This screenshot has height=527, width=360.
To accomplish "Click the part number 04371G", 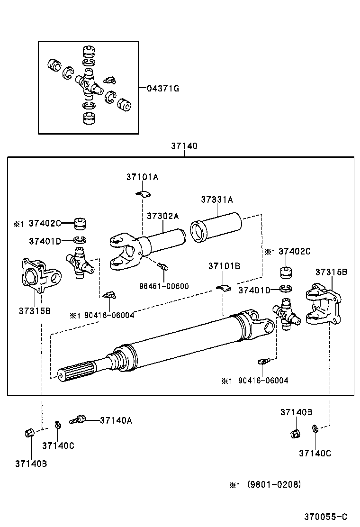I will tap(162, 89).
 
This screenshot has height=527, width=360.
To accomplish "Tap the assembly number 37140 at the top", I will tap(184, 146).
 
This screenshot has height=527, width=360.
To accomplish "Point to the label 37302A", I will tap(162, 216).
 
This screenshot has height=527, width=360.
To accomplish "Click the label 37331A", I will tap(216, 200).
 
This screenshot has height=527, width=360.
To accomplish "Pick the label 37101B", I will tap(224, 266).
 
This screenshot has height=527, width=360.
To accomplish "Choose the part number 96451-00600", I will tap(164, 286).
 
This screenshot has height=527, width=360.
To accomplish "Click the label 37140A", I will tap(116, 420).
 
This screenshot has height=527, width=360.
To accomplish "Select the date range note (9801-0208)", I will tap(274, 484).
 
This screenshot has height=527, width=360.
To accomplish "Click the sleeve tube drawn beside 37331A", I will tap(216, 230).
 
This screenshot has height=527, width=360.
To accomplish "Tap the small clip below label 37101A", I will tap(142, 193).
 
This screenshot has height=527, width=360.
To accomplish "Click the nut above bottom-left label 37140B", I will tap(28, 433).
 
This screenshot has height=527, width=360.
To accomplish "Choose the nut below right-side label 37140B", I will tap(294, 433).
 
